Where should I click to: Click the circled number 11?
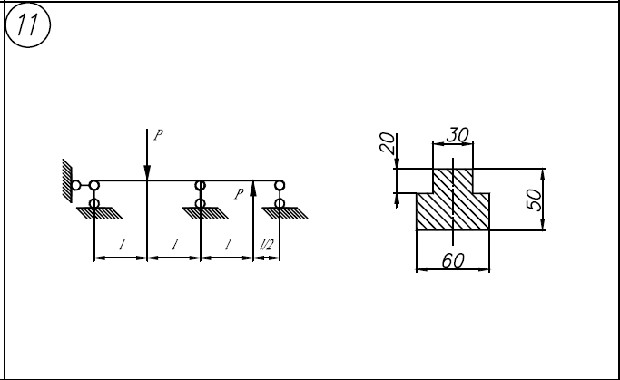[x=27, y=24]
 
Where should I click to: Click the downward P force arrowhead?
[x=147, y=173]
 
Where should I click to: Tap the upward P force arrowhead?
[x=253, y=188]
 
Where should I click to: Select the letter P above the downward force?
[x=158, y=135]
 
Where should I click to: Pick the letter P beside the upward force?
[x=239, y=194]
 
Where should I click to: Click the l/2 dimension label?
[x=266, y=245]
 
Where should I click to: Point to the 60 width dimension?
[x=453, y=260]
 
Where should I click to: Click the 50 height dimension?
[x=534, y=200]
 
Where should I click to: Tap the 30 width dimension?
[x=458, y=135]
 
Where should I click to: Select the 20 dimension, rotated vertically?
[x=387, y=143]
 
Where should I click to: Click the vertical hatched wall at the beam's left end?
[x=67, y=180]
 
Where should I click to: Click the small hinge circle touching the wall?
[x=76, y=185]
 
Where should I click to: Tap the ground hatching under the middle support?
[x=205, y=213]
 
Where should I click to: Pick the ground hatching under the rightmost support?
[x=285, y=213]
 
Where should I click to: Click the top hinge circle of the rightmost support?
[x=280, y=185]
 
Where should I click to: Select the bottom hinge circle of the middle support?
[x=201, y=203]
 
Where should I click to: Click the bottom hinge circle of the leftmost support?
[x=94, y=203]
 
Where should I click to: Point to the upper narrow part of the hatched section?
[x=453, y=180]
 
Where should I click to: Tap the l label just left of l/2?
[x=228, y=245]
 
